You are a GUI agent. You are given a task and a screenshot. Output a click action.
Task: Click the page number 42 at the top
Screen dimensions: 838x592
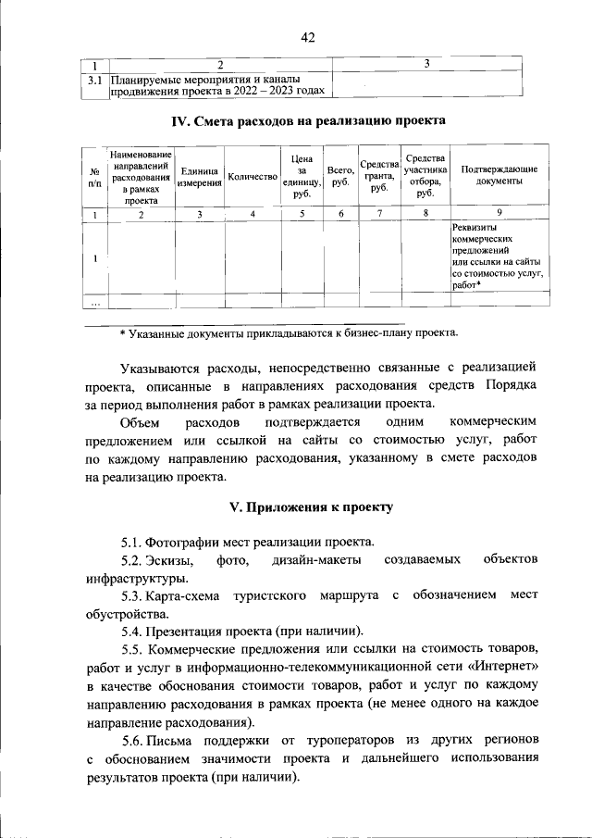pyautogui.click(x=308, y=37)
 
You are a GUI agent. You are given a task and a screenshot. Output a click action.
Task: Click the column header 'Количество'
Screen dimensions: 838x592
pyautogui.click(x=252, y=176)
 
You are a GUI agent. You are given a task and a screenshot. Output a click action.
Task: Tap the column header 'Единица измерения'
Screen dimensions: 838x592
pyautogui.click(x=199, y=176)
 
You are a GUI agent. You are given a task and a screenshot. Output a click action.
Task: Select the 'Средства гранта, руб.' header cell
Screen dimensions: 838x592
pyautogui.click(x=378, y=176)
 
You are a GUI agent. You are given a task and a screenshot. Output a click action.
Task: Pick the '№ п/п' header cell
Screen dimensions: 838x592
pyautogui.click(x=94, y=176)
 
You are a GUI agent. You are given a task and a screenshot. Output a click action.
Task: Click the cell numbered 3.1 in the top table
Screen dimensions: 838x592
pyautogui.click(x=93, y=81)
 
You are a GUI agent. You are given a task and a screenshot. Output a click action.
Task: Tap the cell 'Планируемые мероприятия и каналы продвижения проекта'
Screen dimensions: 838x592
pyautogui.click(x=218, y=86)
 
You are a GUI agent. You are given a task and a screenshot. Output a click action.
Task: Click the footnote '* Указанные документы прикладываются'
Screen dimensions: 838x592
pyautogui.click(x=288, y=331)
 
